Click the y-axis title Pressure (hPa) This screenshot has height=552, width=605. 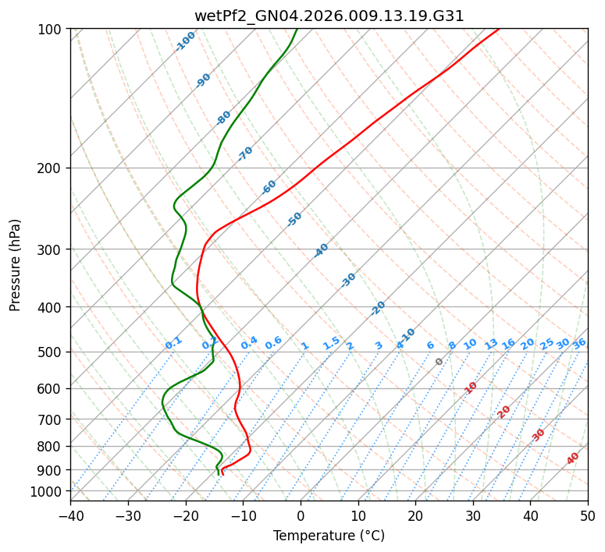pos(16,264)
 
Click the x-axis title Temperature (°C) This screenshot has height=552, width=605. pos(329,536)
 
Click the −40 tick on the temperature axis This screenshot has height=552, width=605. pos(70,516)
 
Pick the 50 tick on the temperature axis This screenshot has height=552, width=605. pos(588,516)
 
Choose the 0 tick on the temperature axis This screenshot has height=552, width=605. pos(301,516)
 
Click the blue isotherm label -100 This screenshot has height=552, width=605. pos(186,41)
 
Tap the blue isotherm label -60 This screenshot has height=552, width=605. pos(269,187)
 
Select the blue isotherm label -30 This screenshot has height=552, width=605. pos(349,280)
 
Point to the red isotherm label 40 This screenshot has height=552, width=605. pos(573,458)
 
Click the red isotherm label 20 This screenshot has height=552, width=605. pos(504,411)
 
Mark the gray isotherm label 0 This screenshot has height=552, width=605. pos(440,362)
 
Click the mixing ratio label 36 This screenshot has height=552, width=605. pos(579,343)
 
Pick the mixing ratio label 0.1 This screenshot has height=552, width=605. pos(173,343)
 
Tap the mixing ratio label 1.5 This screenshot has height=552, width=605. pos(332,343)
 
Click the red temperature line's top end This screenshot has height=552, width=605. pos(498,29)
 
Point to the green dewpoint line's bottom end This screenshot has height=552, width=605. pos(219,474)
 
